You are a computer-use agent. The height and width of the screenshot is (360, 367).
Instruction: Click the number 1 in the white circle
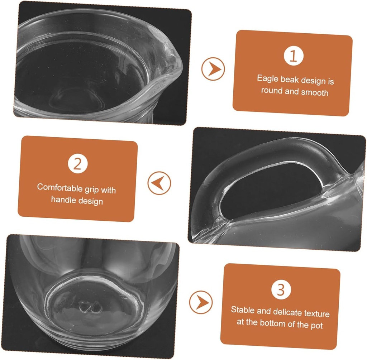pyautogui.click(x=294, y=57)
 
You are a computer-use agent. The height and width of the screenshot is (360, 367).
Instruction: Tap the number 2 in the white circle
pyautogui.click(x=77, y=164)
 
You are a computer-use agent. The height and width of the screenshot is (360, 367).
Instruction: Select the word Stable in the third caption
pyautogui.click(x=242, y=310)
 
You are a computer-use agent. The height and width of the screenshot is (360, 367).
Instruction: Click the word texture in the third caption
pyautogui.click(x=316, y=313)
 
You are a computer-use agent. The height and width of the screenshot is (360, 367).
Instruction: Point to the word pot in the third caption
pyautogui.click(x=317, y=325)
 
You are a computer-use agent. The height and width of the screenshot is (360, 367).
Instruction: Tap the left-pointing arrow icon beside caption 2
pyautogui.click(x=159, y=183)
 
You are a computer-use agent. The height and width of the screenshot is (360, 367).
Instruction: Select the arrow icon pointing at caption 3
pyautogui.click(x=201, y=302)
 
